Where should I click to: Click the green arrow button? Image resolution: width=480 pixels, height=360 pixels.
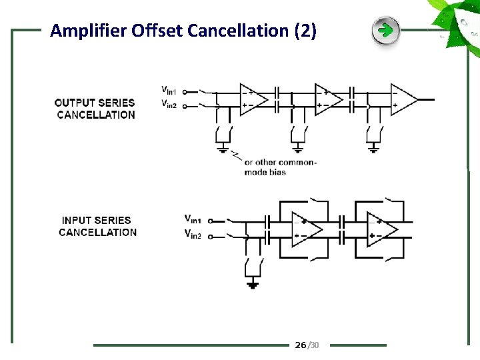coord(385,31)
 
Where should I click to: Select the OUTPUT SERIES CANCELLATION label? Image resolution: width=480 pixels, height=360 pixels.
coord(95,109)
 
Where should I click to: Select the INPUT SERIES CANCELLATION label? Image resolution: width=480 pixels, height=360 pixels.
coord(98,226)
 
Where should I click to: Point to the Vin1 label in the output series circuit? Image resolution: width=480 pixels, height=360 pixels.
coord(170,89)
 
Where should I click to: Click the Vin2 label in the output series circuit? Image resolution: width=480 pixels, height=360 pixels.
coord(170,103)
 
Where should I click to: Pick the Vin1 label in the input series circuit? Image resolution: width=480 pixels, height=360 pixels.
coord(193,219)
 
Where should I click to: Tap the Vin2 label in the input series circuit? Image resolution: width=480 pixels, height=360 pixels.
coord(193,233)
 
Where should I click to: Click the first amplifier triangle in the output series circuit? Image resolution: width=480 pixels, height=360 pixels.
coord(253,99)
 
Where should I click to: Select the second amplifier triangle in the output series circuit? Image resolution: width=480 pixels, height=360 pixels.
coord(328,99)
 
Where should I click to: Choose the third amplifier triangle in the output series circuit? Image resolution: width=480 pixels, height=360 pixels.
coord(403,99)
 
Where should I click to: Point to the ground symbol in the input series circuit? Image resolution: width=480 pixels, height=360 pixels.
coord(253,285)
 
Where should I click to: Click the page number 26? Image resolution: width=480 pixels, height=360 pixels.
coord(301,345)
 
